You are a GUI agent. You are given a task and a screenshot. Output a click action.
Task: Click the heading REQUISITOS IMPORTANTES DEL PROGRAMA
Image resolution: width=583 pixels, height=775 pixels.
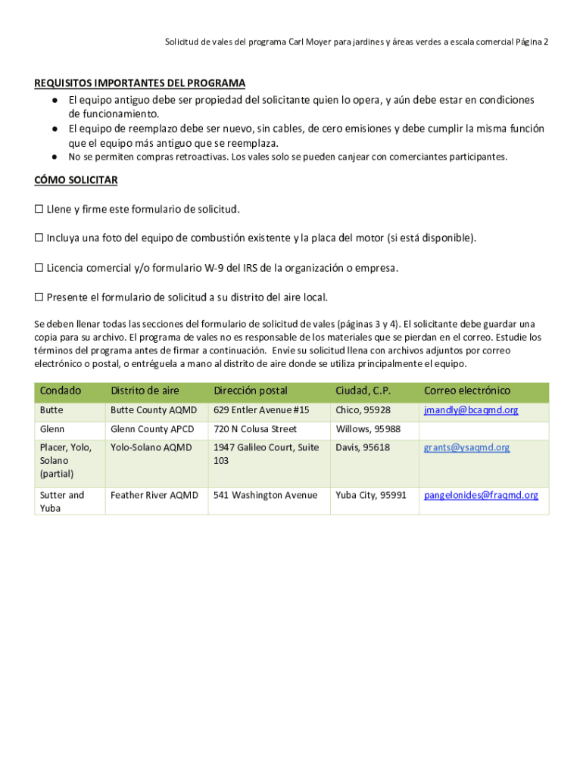[139, 83]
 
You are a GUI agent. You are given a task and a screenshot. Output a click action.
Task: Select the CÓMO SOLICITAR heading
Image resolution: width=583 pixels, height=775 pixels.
[76, 181]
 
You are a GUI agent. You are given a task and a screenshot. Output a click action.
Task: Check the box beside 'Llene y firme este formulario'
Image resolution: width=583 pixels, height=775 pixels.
[39, 209]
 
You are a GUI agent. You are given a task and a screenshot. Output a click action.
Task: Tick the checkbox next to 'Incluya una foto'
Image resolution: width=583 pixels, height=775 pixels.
[39, 238]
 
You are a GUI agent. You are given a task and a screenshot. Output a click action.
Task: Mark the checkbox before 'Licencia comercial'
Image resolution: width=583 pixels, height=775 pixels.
[39, 268]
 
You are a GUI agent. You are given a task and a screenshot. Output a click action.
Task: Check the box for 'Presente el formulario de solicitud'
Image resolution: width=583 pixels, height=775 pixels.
[39, 297]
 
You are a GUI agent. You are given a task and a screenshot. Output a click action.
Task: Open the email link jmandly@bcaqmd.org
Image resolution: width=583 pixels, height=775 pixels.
[471, 410]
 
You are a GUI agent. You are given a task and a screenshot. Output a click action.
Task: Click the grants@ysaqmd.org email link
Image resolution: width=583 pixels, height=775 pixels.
[466, 447]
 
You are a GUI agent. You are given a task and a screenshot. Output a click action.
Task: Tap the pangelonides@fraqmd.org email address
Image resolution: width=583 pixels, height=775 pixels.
[481, 495]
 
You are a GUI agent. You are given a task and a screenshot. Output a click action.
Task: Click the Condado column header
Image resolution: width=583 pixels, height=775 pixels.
[61, 391]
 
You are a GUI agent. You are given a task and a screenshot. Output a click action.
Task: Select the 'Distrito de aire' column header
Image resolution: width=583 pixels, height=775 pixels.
[145, 391]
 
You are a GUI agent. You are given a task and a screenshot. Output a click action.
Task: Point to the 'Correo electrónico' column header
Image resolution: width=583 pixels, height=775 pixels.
[467, 391]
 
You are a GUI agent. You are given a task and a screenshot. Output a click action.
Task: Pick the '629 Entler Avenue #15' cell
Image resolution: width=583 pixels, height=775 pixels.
[261, 410]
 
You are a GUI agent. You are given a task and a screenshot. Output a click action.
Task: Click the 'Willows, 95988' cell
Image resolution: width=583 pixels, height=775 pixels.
[368, 429]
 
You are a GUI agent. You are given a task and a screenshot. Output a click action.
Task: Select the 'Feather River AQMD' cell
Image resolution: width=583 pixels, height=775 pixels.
[154, 495]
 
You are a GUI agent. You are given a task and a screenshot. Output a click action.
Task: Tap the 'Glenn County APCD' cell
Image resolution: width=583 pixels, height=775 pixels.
[152, 429]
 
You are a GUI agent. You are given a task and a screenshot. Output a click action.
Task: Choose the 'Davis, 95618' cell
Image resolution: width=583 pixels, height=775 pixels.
[363, 447]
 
